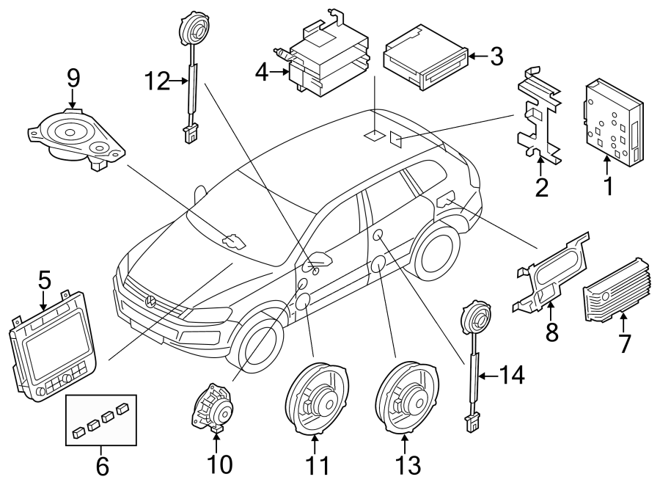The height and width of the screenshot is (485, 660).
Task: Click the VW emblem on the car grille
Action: point(150,301)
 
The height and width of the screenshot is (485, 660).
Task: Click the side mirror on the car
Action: point(320,259)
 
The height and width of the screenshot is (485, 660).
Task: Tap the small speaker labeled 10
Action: point(212,407)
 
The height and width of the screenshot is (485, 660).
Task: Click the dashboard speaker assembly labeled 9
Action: point(75,136)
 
